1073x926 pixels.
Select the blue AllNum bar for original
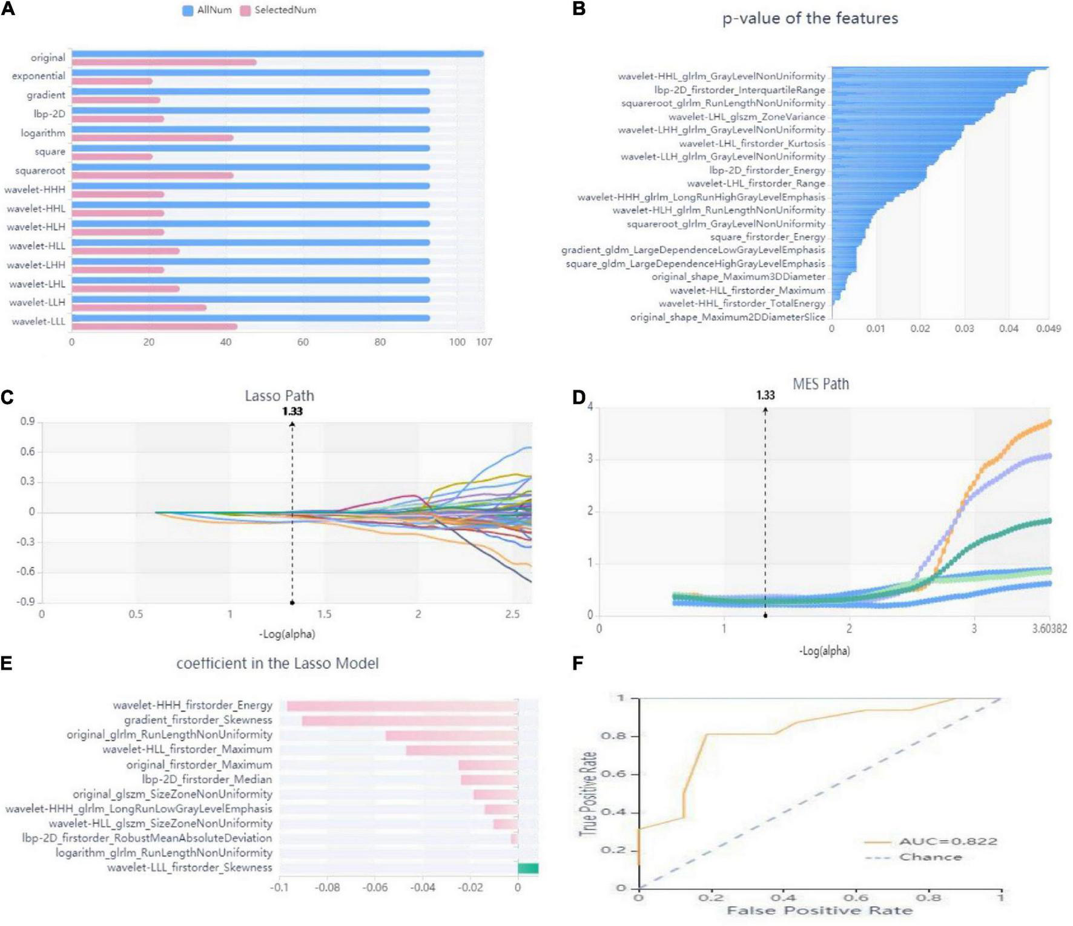(x=277, y=54)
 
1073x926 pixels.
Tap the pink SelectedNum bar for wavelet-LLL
(x=154, y=327)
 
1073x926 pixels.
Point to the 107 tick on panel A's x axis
(x=484, y=342)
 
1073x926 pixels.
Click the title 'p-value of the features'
(x=810, y=19)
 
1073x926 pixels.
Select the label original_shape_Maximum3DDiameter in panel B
(x=738, y=277)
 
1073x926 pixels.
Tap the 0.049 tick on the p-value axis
(x=1048, y=329)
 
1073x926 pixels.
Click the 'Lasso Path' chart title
(x=279, y=396)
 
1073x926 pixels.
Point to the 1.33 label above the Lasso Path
(x=292, y=412)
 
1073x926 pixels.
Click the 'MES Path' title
(x=820, y=384)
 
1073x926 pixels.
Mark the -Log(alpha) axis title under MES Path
(x=824, y=651)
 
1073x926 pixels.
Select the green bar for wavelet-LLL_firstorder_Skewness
(x=528, y=869)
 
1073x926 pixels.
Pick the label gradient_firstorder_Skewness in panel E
(x=198, y=720)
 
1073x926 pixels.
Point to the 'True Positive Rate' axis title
(x=587, y=793)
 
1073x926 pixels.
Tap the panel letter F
(x=578, y=664)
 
